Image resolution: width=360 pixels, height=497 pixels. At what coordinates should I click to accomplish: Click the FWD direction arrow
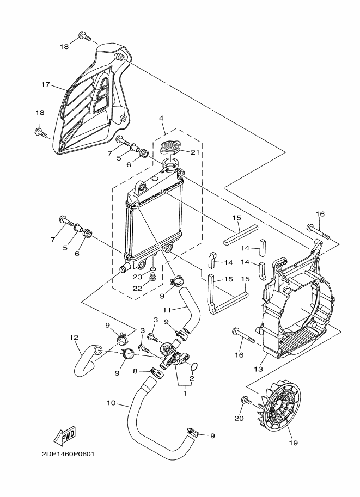[x=65, y=434]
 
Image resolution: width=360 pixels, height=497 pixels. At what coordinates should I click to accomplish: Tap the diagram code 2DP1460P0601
[x=68, y=454]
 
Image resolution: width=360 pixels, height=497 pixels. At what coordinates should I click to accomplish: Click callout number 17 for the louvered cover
[x=46, y=84]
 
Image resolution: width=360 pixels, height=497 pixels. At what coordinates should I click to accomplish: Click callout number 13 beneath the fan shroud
[x=259, y=369]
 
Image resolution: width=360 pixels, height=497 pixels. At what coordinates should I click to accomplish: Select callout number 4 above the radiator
[x=161, y=118]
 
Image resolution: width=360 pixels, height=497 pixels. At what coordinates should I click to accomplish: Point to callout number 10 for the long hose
[x=111, y=403]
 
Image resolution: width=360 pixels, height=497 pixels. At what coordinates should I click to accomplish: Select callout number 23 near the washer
[x=138, y=277]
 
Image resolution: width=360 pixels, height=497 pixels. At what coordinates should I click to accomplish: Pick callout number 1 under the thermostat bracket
[x=185, y=394]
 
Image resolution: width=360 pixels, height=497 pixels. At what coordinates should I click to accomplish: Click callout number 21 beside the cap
[x=195, y=152]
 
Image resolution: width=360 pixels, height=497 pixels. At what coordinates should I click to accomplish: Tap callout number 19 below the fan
[x=294, y=443]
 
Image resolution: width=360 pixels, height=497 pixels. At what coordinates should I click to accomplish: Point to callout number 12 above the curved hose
[x=74, y=338]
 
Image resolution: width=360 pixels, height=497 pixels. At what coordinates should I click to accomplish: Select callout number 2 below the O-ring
[x=192, y=378]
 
